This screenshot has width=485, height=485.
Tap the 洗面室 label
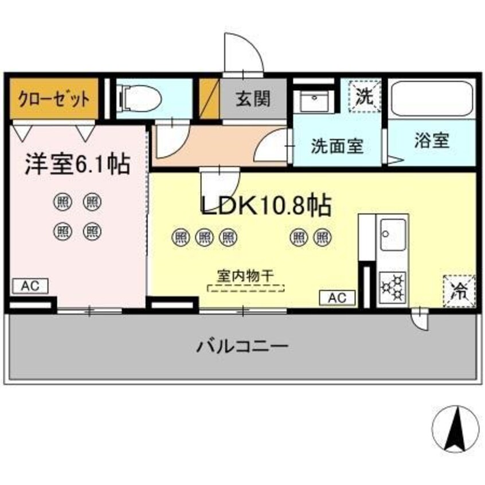point(337,146)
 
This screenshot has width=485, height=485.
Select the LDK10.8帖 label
point(265,205)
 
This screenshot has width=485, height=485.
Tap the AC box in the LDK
point(337,298)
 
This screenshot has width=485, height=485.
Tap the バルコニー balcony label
point(242,347)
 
